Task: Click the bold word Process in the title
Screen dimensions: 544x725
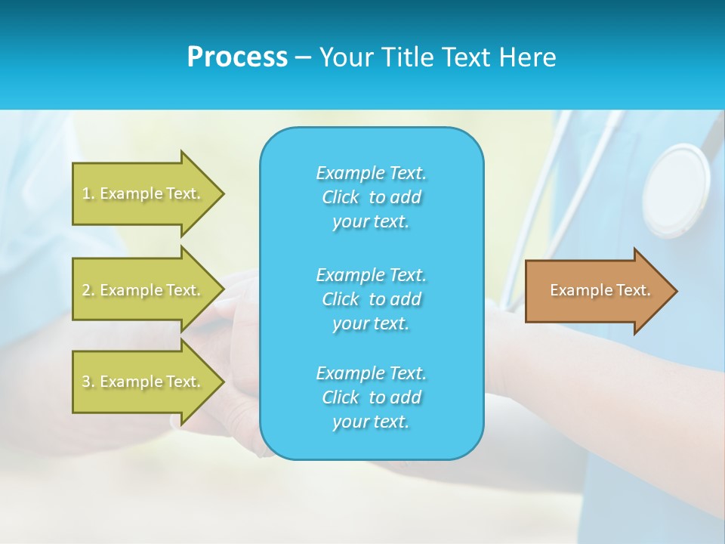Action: click(x=237, y=57)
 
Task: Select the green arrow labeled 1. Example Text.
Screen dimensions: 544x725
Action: click(x=143, y=193)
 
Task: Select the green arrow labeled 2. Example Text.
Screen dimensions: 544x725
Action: click(x=143, y=290)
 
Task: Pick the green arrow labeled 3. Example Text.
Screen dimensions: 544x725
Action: click(x=143, y=382)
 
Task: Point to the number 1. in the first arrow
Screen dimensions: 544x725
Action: click(x=88, y=193)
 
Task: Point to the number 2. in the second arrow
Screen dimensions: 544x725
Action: click(x=88, y=290)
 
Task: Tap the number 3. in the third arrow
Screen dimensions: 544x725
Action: click(x=88, y=382)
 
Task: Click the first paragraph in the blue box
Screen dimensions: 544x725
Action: click(x=371, y=197)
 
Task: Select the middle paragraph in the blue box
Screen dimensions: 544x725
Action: click(x=371, y=299)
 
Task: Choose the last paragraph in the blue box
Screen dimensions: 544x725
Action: click(x=371, y=397)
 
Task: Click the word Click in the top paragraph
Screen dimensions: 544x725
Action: click(x=340, y=197)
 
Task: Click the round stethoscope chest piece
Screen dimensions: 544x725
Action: click(x=677, y=189)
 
